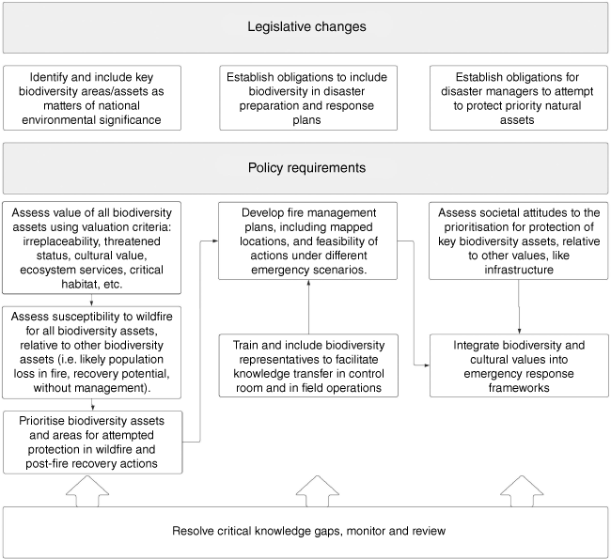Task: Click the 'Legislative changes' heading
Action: coord(306,26)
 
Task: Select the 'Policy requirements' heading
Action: coord(306,167)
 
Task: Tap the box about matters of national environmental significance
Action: coord(92,98)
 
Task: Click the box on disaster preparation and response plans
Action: coord(308,98)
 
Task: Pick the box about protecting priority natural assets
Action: coord(519,98)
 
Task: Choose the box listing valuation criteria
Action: coord(91,248)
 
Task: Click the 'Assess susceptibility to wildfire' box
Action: coord(91,352)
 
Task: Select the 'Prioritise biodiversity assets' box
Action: coord(93,443)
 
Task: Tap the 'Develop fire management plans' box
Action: coord(307,241)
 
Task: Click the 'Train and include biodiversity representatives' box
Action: coord(308,365)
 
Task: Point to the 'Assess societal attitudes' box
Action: coord(519,241)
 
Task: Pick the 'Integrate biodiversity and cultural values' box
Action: coord(519,365)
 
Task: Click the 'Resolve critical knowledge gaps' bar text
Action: coord(308,531)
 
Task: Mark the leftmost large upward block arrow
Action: coord(87,491)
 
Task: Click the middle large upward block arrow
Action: coord(317,491)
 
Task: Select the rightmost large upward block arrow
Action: coord(522,491)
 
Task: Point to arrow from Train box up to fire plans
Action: coord(308,307)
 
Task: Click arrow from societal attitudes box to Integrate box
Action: coord(519,307)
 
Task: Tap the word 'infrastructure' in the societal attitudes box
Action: coord(519,270)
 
